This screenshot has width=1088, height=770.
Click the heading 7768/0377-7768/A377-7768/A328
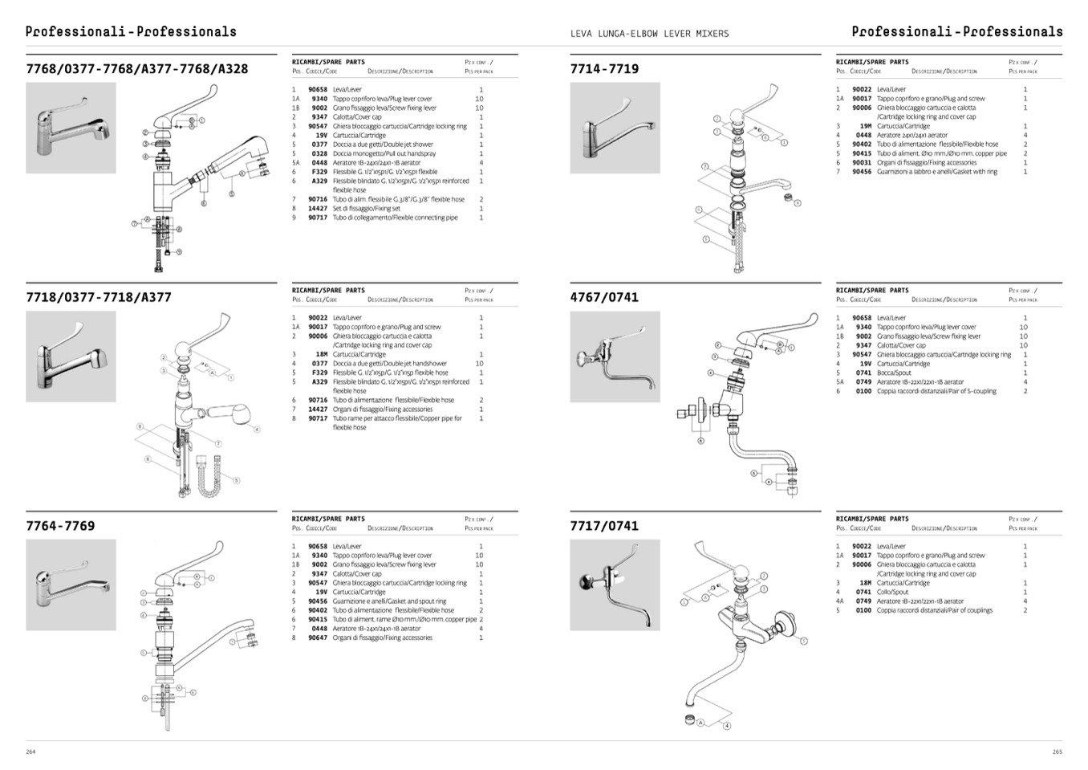point(137,69)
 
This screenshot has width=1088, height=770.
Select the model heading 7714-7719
point(604,69)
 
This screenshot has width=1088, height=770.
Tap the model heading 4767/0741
point(604,297)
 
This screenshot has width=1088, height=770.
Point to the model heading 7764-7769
point(60,526)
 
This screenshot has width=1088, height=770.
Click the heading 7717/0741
point(604,526)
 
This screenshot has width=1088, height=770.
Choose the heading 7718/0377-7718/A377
point(99,297)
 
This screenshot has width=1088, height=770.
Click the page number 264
point(30,752)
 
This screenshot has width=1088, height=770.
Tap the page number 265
point(1057,752)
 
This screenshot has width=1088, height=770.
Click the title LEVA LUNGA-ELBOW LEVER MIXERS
point(649,34)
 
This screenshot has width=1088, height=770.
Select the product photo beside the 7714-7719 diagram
point(615,128)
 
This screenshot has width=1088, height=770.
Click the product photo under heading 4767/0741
point(615,356)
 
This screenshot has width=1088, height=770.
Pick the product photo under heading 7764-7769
point(71,585)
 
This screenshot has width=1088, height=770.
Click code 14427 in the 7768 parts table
point(318,209)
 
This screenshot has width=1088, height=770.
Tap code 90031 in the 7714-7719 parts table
point(862,163)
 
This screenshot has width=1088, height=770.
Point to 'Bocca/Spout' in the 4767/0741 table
point(894,373)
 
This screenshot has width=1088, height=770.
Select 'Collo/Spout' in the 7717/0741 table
point(892,593)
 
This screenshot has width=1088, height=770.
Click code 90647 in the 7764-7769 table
point(318,638)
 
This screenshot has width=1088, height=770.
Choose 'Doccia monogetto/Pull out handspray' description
point(384,154)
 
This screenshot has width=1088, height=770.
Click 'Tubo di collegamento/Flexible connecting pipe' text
point(395,218)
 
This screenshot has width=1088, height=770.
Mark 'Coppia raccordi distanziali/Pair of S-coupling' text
point(936,392)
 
